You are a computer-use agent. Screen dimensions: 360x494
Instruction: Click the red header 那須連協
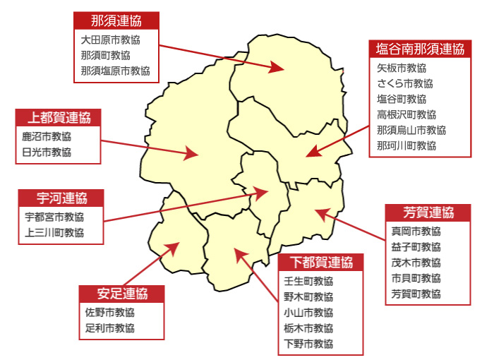coord(116,20)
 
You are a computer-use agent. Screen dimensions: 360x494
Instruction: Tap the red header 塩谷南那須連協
coord(419,49)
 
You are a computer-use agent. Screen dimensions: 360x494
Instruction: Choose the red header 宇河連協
coord(61,198)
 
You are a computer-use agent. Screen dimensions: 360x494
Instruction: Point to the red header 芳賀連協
coord(428,212)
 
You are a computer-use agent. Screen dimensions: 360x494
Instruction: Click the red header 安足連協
coord(122,294)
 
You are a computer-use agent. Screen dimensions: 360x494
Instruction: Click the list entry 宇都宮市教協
coord(54,217)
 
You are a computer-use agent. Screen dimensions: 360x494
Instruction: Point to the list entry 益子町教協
coord(416,246)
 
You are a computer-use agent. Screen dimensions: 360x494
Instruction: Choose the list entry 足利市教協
coord(110,328)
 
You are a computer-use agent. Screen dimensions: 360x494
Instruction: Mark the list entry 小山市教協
coord(308,313)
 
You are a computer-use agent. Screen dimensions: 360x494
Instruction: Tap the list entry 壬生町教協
coord(308,281)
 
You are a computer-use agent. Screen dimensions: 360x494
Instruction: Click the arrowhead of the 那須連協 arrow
coord(277,68)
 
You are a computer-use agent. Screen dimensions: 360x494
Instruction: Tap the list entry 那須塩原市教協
coord(116,71)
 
